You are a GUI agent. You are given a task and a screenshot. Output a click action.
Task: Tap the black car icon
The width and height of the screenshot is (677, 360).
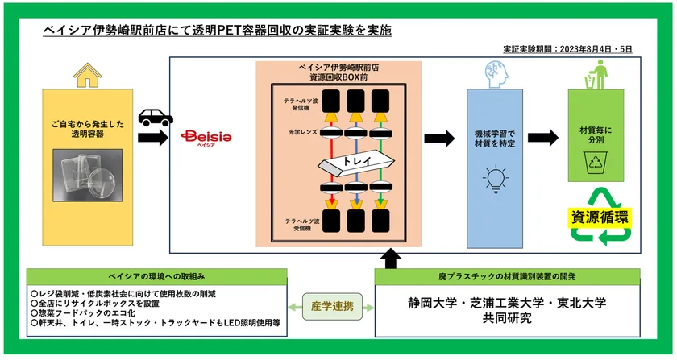[x=155, y=118]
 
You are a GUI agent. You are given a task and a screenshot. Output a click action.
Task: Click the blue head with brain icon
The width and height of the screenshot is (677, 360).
[x=495, y=72]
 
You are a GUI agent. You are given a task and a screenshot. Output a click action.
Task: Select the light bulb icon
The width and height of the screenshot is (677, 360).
[x=495, y=176]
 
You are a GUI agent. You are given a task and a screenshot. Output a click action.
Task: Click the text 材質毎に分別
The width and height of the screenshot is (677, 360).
[x=596, y=135]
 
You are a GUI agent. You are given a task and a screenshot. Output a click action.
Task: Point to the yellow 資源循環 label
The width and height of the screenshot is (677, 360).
[x=601, y=216]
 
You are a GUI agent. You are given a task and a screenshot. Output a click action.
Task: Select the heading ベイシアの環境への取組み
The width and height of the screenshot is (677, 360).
[x=157, y=275]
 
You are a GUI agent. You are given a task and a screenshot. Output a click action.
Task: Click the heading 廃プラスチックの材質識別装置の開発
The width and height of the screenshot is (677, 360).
[x=508, y=275]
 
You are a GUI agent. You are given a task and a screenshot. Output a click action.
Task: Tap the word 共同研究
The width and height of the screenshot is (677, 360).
[x=508, y=319]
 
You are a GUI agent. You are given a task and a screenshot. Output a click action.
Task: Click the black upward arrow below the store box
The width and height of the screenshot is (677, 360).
[x=392, y=259]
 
